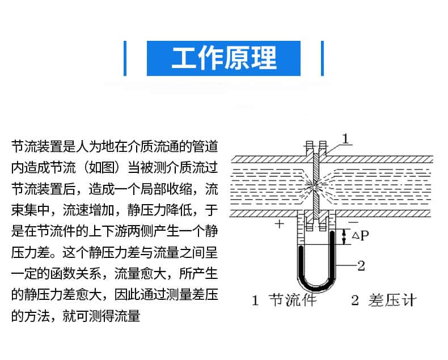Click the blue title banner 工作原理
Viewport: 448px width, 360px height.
coord(223,58)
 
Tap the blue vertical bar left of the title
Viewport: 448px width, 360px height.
coord(125,58)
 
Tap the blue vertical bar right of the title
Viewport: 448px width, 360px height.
coord(322,58)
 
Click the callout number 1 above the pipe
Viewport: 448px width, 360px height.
coord(346,139)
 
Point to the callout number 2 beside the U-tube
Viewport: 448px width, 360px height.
coord(361,266)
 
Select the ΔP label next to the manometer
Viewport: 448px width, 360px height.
coord(361,236)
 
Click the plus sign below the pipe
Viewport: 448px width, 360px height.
coord(279,224)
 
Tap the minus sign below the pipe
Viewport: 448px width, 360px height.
coord(353,222)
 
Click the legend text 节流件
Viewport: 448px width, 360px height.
coord(293,300)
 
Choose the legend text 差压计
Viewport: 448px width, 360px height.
coord(392,300)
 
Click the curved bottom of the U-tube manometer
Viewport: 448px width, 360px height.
coord(316,286)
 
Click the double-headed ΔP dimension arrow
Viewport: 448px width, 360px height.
coord(344,237)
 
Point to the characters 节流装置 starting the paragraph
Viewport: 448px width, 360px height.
coord(37,146)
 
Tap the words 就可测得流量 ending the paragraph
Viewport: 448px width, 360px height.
coord(102,316)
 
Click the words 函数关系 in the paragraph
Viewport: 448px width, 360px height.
coord(76,273)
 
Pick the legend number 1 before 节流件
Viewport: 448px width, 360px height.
coord(255,300)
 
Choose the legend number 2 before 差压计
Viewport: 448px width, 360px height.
coord(355,300)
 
